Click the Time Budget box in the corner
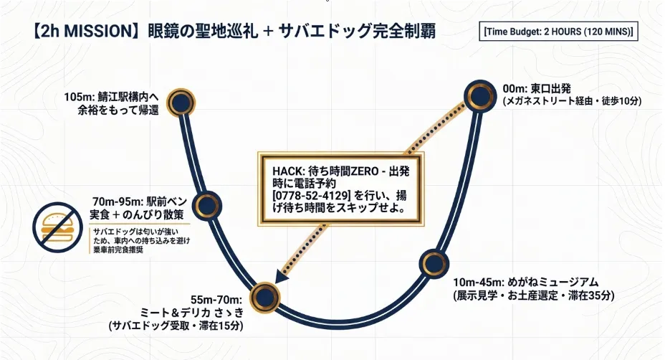click(558, 32)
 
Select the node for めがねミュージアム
click(434, 263)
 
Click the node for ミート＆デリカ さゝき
click(265, 297)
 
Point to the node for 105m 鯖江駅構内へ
click(181, 103)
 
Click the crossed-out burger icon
click(57, 227)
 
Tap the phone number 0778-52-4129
click(311, 196)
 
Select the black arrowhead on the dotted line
click(281, 277)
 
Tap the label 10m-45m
click(478, 282)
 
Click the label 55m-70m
click(216, 300)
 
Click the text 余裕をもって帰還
click(118, 110)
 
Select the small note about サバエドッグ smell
click(141, 241)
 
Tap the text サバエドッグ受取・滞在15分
click(176, 326)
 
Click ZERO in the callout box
click(363, 171)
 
